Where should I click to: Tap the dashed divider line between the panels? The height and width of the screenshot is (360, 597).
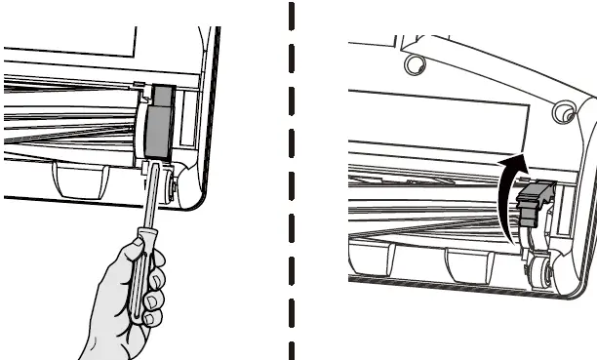pos(291,180)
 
